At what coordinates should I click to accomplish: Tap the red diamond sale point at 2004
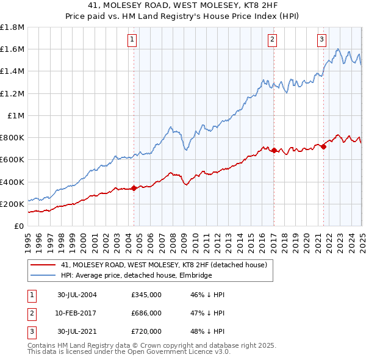click(x=134, y=188)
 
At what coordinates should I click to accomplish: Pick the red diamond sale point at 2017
click(x=274, y=150)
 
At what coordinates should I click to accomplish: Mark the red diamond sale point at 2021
click(x=323, y=146)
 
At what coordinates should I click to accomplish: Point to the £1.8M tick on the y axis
click(x=13, y=27)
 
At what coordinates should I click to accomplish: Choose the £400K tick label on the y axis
click(x=12, y=182)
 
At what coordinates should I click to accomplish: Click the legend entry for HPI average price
click(x=136, y=275)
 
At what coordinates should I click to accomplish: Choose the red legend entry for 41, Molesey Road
click(x=163, y=265)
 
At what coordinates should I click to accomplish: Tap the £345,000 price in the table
click(x=146, y=295)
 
